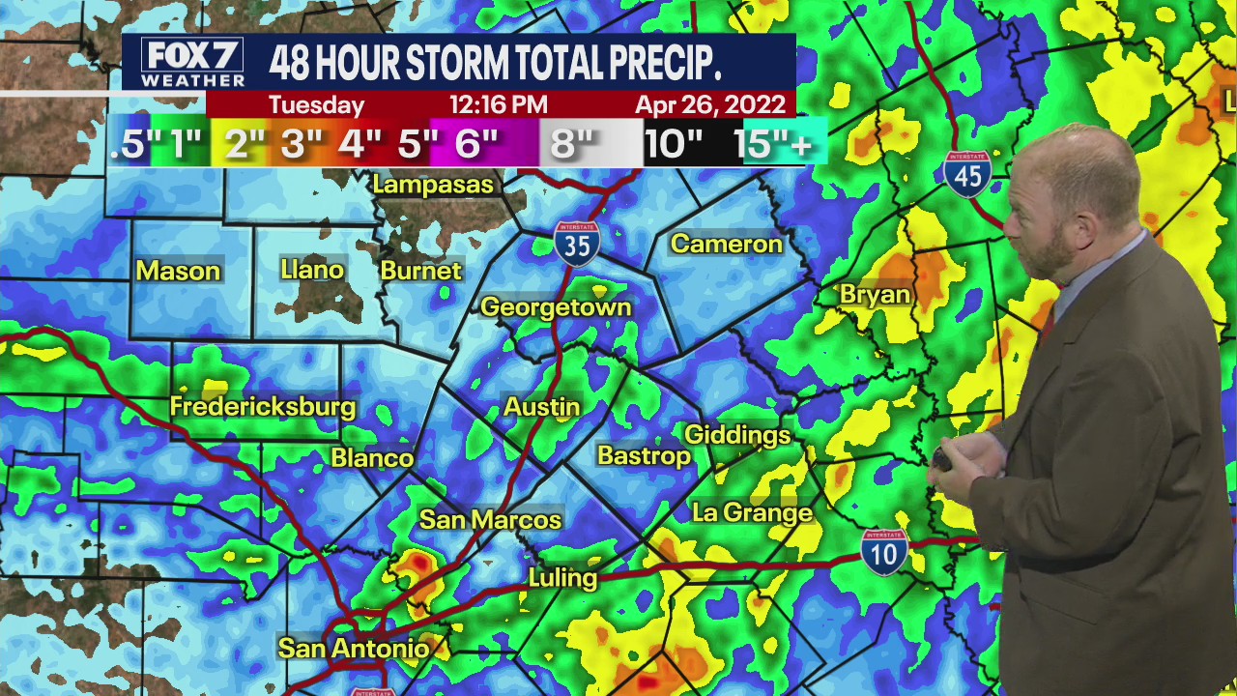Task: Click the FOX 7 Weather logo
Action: (x=192, y=63)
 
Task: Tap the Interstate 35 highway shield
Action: (x=577, y=244)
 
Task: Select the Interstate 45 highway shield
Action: (x=967, y=174)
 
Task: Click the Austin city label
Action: (x=542, y=407)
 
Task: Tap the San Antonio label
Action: (x=354, y=648)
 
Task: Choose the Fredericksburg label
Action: (x=263, y=406)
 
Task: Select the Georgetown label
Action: (x=556, y=307)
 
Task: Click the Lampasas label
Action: (x=433, y=185)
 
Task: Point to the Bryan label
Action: (x=876, y=295)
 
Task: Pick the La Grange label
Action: (x=753, y=512)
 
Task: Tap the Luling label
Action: (x=562, y=578)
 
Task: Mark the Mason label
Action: (x=178, y=272)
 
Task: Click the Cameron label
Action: (x=727, y=244)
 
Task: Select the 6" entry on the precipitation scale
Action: (x=475, y=144)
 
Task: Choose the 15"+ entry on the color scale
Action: (x=773, y=144)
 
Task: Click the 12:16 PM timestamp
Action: (x=499, y=104)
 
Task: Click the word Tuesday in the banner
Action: (x=316, y=104)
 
